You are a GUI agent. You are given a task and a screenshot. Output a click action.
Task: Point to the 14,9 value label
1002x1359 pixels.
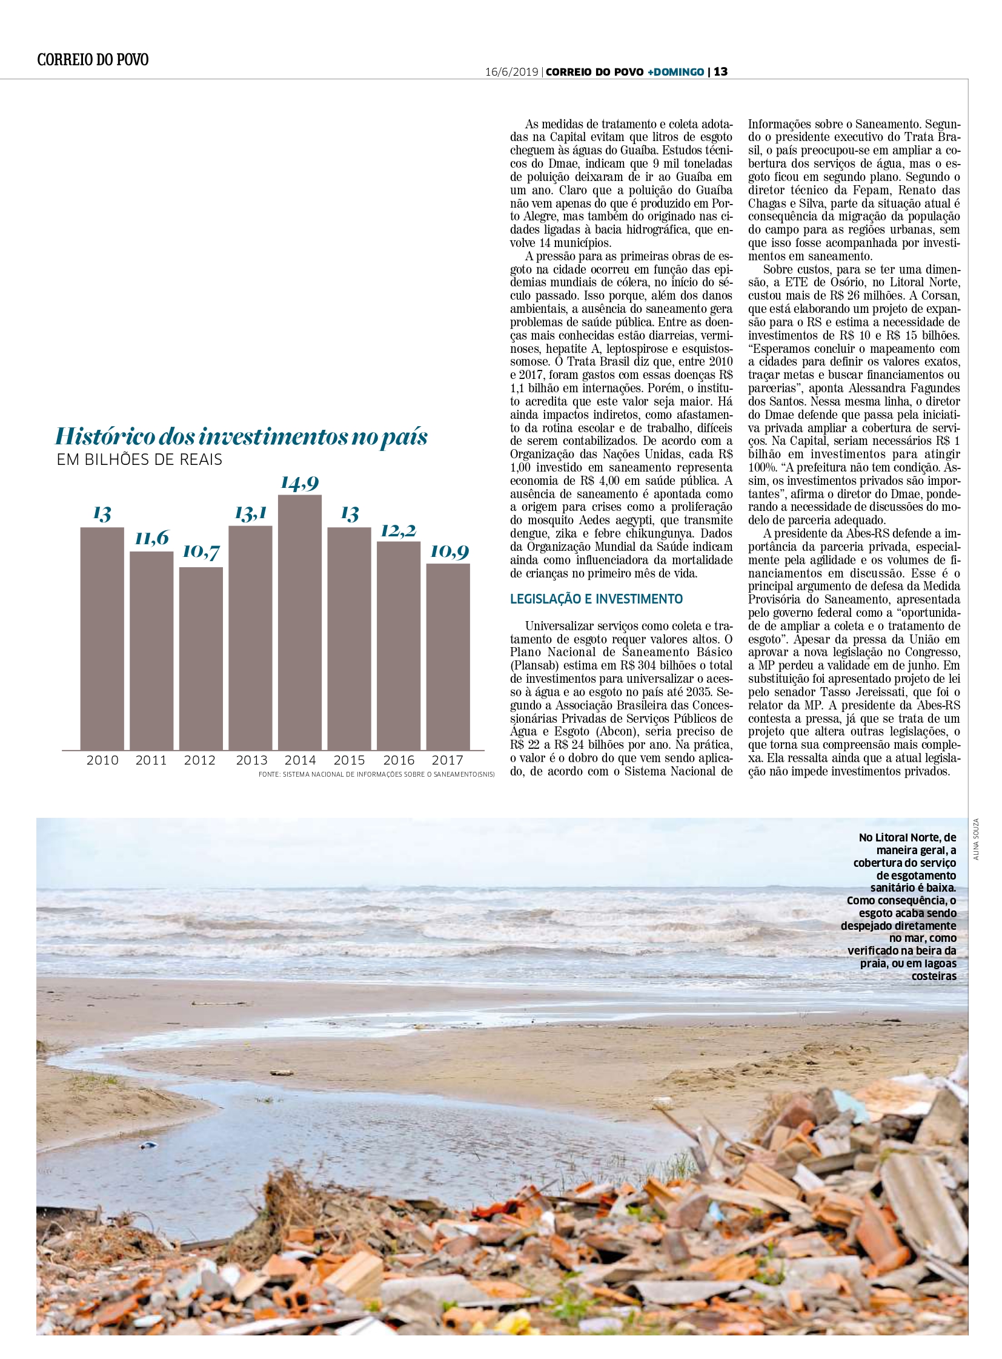coord(300,482)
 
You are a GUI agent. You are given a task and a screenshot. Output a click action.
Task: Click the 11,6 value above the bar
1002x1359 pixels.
coord(151,538)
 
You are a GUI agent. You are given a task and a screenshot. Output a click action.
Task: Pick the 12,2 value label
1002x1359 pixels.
coord(398,530)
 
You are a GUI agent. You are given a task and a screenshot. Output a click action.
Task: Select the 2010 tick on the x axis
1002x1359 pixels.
coord(102,760)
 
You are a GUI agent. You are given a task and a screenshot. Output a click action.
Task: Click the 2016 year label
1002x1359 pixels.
coord(399,760)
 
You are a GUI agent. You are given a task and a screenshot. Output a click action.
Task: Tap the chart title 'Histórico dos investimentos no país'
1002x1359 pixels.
coord(241,436)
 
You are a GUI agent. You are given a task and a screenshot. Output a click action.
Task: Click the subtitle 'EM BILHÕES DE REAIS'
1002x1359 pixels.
coord(139,459)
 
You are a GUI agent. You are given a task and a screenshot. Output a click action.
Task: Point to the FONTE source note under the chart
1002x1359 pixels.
coord(376,775)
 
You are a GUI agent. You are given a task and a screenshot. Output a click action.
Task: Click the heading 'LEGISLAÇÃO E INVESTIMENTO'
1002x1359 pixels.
coord(596,599)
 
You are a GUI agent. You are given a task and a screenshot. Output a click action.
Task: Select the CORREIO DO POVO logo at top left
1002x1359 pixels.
coord(93,59)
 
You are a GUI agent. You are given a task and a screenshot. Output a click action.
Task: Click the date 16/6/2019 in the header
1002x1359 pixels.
coord(511,71)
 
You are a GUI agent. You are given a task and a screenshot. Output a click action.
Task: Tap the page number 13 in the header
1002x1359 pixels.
coord(720,71)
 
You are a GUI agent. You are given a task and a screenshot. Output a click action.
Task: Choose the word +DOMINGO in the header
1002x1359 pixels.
coord(675,71)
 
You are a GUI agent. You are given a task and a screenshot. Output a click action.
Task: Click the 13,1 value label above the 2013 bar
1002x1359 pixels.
coord(251,513)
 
